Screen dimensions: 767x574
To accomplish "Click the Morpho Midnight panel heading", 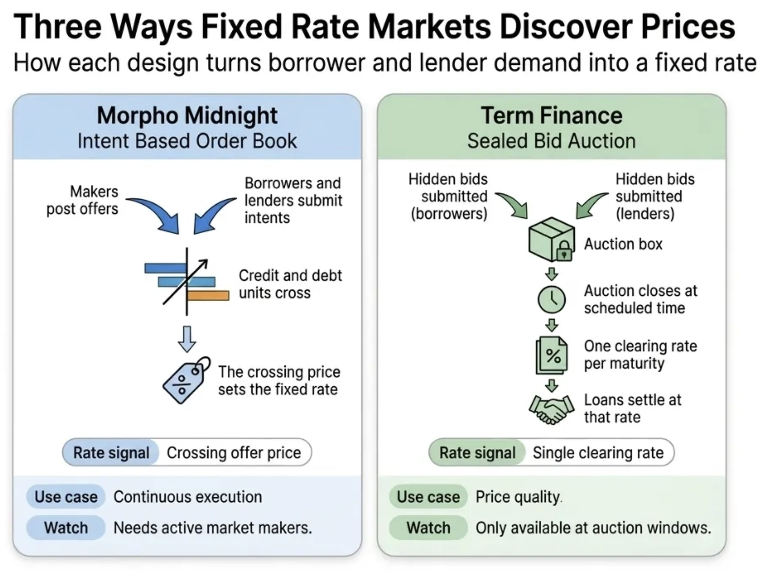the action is point(187,115).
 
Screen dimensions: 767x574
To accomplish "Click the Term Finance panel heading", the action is point(551,115).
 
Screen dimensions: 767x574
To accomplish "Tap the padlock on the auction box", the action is point(564,251).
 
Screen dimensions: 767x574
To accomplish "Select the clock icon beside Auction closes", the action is point(551,300).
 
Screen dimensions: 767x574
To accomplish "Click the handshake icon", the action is point(551,409).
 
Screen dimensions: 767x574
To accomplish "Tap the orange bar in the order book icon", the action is point(208,296).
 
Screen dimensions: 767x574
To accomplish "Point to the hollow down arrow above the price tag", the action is point(187,339).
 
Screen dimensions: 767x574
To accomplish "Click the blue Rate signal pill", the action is point(111,453).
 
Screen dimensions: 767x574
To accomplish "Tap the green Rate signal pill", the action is point(477,453).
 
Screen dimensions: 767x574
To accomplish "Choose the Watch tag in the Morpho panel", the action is point(66,528).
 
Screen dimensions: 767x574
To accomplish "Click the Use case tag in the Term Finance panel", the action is point(428,497).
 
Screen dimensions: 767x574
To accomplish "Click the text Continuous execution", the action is point(188,497).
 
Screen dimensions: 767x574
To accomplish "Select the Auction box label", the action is point(623,244).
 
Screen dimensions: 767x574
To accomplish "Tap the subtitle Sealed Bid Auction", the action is point(551,141).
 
